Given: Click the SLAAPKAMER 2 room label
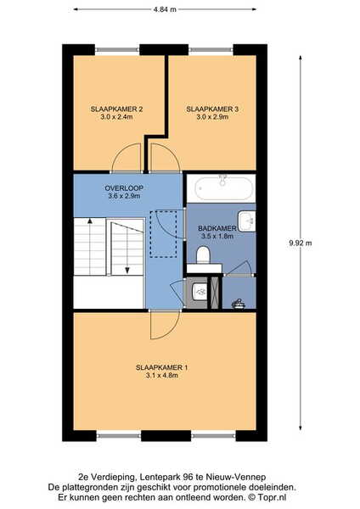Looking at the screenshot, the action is coord(116,109).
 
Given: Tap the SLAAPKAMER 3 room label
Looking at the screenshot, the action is coord(212,109).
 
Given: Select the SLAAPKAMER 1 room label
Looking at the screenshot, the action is coord(161,368).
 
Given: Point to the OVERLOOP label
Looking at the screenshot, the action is coord(124,188).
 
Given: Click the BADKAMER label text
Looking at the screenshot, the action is coord(217,228).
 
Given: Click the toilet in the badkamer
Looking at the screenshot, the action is coord(204,255).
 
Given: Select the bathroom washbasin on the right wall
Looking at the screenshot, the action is coord(247,221).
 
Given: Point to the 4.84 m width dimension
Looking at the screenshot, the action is coord(165,9).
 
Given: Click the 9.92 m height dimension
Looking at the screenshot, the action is coord(301,243).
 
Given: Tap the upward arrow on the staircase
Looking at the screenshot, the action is coord(90,247).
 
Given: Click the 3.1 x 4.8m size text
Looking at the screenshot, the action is coord(161,376).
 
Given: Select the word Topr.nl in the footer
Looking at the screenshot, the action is coord(273,497).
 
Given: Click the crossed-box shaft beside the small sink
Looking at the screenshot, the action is coord(215,293).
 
